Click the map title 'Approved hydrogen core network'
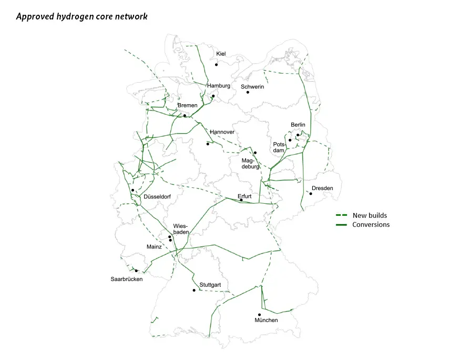pos(81,17)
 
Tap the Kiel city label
pos(221,54)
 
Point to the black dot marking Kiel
pos(216,65)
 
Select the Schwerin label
pos(252,86)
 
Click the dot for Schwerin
pos(248,93)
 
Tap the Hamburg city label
pos(219,86)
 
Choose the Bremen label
pos(188,105)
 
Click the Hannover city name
pos(222,132)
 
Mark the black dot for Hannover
pos(208,144)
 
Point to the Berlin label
pos(298,125)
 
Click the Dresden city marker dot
pos(311,194)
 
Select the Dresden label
pos(322,188)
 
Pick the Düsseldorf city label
pos(157,197)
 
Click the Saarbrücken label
pos(126,279)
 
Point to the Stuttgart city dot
pos(195,291)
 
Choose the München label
pos(266,320)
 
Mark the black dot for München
pos(259,315)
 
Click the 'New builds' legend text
pos(370,215)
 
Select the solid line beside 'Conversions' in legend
pos(342,225)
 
